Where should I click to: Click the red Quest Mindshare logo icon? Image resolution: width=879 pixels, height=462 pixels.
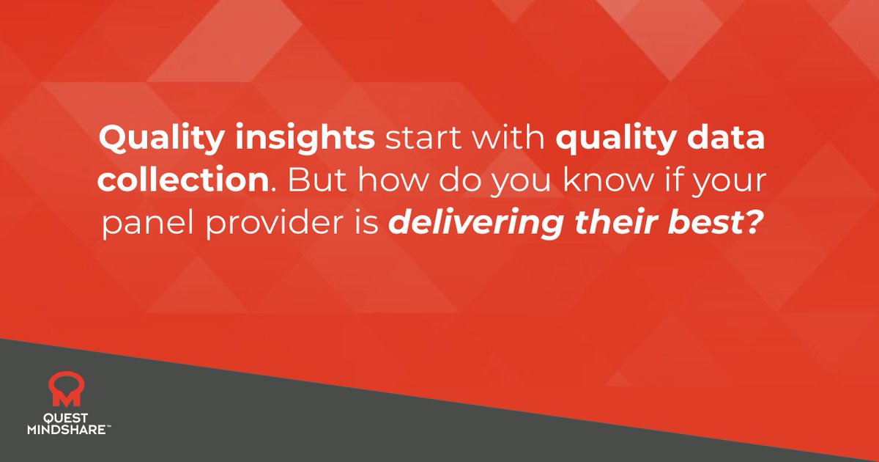coord(64,389)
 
